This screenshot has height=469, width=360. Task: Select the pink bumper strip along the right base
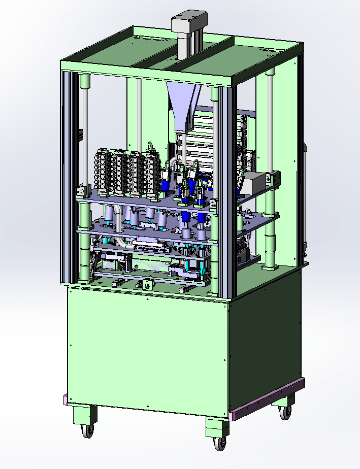[x=266, y=399]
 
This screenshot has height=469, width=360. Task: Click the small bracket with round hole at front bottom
[x=148, y=286]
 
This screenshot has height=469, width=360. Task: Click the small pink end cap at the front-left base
[x=64, y=400]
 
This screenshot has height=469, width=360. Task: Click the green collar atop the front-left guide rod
[x=84, y=81]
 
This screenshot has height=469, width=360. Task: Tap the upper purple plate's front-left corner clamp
[x=81, y=192]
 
